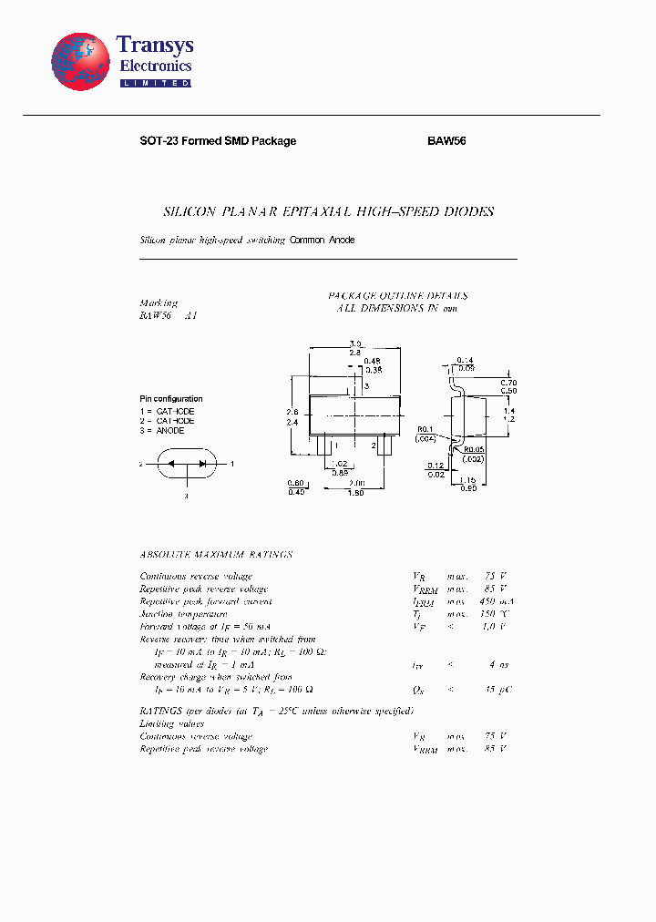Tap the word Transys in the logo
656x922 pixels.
click(x=155, y=46)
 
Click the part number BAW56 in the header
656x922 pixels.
click(x=446, y=141)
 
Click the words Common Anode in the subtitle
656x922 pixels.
click(x=322, y=240)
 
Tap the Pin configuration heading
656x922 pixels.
click(x=171, y=399)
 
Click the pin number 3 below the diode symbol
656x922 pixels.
click(x=185, y=497)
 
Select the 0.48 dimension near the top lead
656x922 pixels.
click(x=372, y=361)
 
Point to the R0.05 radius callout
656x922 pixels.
click(x=473, y=449)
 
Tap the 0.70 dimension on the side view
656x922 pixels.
click(x=508, y=383)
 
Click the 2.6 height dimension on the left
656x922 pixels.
click(x=292, y=412)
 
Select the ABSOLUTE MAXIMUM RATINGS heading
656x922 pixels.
click(x=216, y=554)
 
